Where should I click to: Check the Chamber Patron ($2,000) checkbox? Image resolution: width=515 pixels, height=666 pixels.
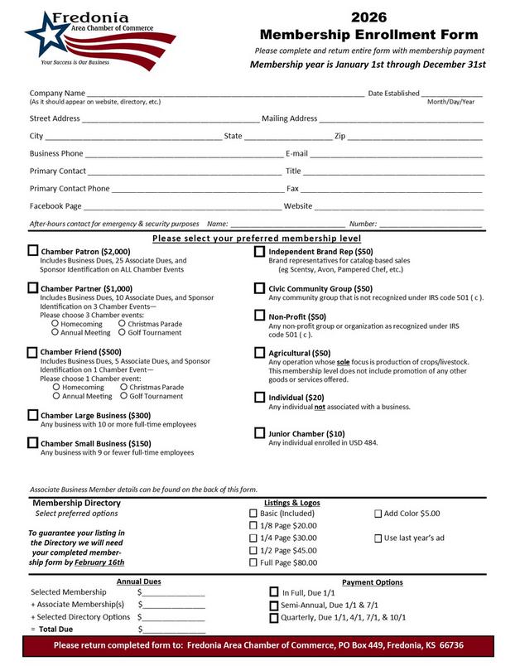pos(33,250)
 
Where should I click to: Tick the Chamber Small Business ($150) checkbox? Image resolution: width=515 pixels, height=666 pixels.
pos(33,443)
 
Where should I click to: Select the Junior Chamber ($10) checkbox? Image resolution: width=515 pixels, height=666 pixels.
pos(260,433)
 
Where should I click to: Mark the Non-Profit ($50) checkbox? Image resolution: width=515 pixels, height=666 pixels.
pos(260,316)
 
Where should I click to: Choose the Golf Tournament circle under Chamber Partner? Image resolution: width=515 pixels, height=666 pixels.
pos(122,332)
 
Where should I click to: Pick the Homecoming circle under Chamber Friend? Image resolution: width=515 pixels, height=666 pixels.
pos(56,387)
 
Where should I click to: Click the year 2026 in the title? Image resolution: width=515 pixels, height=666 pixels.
pos(368,17)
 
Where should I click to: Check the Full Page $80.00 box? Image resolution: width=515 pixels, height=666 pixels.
pos(253,562)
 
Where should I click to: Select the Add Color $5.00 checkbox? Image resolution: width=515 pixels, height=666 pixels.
pos(378,514)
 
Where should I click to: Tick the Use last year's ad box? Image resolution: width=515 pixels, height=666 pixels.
pos(378,538)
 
